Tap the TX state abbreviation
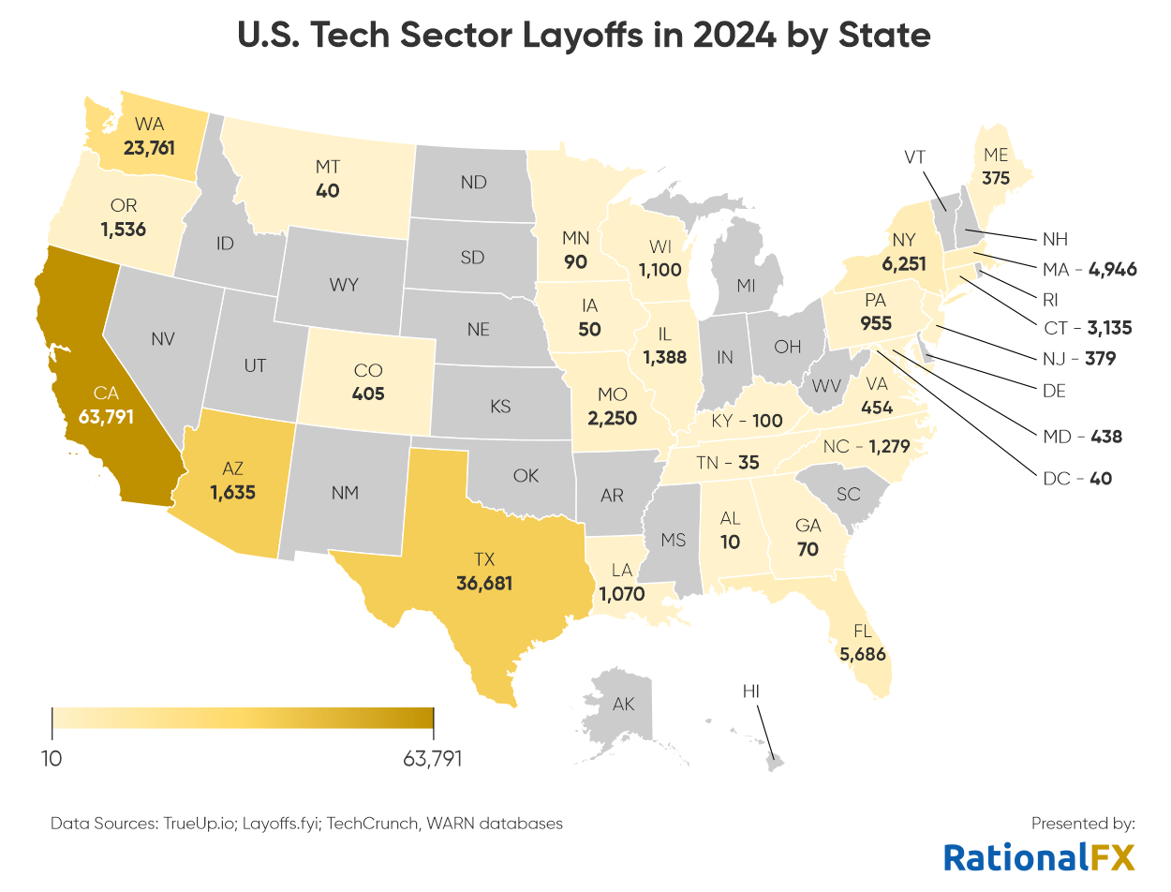click(x=483, y=559)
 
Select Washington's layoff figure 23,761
click(x=149, y=146)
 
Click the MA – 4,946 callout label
click(x=1089, y=270)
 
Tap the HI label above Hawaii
click(x=750, y=691)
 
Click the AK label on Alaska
click(x=623, y=704)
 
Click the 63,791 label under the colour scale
click(x=433, y=758)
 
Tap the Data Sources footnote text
click(x=306, y=824)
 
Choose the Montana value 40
click(x=327, y=190)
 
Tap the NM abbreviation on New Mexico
click(x=345, y=492)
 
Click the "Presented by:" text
click(x=1083, y=824)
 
